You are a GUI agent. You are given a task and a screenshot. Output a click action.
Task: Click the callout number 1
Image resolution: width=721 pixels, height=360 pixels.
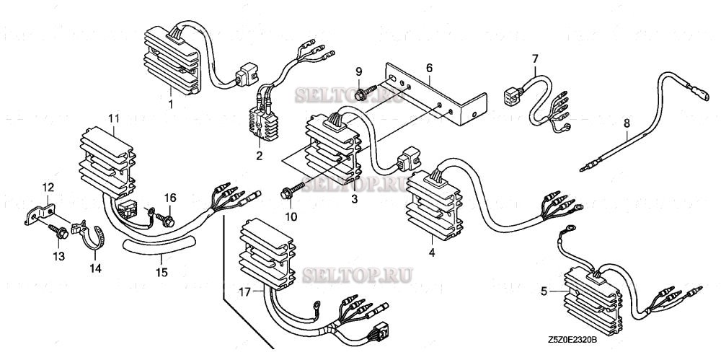coord(170,105)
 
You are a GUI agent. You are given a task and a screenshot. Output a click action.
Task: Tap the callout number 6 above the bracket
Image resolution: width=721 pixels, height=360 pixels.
coord(429,68)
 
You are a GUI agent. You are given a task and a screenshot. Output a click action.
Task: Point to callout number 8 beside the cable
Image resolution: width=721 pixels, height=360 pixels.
coord(627,124)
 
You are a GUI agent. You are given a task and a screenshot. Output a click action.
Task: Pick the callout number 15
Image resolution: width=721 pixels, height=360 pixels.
coord(162,272)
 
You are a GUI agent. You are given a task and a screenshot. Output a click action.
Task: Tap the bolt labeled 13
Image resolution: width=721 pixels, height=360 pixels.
coord(60,232)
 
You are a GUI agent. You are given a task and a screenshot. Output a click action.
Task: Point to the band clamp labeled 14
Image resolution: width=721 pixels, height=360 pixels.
coord(94,234)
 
